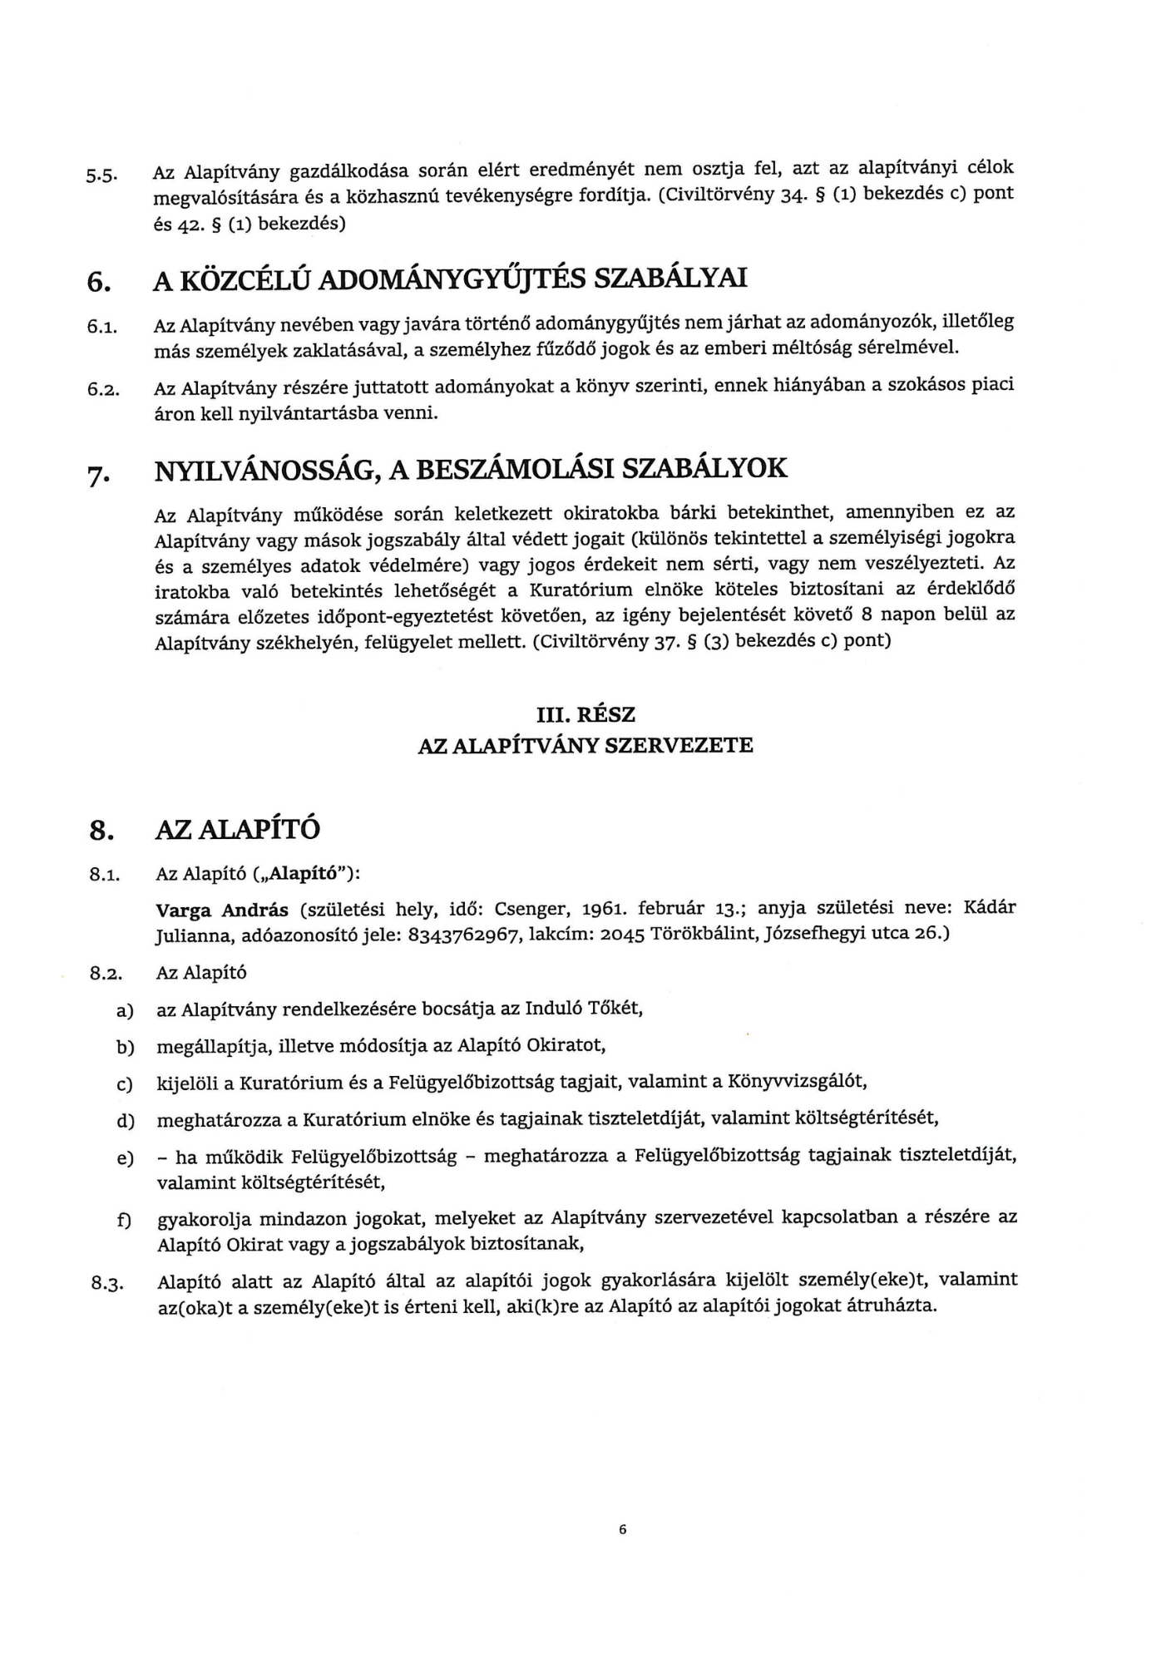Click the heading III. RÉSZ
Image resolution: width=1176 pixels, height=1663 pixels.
(x=586, y=714)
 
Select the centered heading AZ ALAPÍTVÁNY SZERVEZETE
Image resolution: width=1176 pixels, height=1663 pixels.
(x=586, y=745)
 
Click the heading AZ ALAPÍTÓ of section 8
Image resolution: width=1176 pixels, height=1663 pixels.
(x=238, y=830)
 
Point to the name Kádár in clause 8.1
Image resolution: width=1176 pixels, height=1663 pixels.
(x=989, y=906)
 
